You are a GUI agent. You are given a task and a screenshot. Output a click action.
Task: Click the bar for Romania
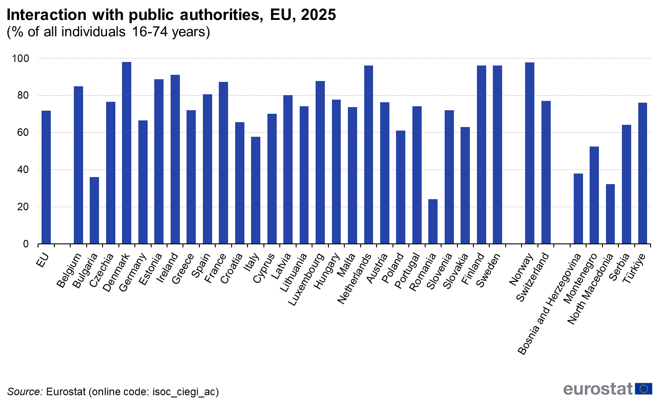433,221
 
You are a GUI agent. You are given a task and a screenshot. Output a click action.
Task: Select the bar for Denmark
126,153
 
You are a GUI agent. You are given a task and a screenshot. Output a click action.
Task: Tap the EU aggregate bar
46,177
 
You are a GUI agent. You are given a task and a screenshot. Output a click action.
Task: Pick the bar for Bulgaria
94,210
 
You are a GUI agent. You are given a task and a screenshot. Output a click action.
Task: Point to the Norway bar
530,153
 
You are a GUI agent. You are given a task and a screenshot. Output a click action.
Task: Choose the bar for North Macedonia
610,214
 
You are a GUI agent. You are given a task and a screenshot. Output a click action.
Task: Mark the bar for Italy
255,190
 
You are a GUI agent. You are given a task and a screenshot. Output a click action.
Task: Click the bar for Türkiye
643,173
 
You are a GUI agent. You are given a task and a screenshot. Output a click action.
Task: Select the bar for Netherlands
368,154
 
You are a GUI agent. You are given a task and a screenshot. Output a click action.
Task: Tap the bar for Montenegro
594,195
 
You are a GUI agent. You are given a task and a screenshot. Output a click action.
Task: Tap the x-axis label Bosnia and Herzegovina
549,304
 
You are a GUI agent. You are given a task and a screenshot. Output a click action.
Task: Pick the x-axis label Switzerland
532,278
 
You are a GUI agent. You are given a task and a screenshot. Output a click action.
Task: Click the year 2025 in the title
318,15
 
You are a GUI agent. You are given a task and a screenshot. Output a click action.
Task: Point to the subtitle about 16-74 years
108,32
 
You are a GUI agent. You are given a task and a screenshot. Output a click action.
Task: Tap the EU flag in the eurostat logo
644,389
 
